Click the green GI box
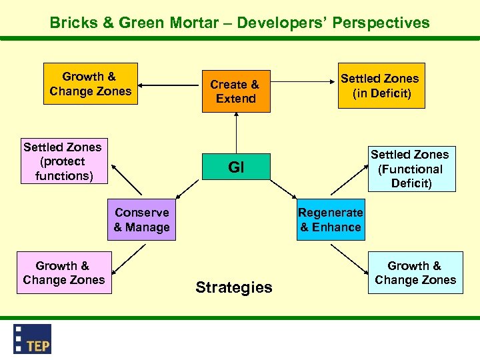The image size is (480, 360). tap(236, 167)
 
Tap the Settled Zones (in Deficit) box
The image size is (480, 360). tap(380, 85)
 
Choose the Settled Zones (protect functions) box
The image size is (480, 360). tap(62, 161)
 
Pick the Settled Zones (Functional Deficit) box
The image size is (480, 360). tap(410, 169)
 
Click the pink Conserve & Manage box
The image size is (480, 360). tap(142, 220)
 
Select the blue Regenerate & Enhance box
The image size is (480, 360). tap(331, 220)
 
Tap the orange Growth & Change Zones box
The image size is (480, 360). tap(90, 84)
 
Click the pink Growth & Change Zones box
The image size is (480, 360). tap(63, 273)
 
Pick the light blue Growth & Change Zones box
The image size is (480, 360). tap(415, 273)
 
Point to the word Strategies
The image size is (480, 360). tap(234, 287)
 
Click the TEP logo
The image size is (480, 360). tap(33, 338)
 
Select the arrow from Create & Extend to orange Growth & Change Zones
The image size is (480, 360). tap(170, 85)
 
